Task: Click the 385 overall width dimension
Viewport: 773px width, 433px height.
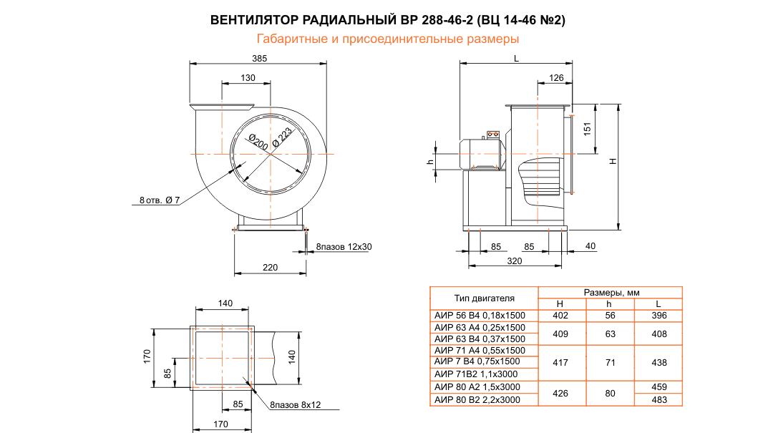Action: (x=259, y=58)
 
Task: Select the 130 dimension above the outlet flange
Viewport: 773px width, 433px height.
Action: (x=248, y=77)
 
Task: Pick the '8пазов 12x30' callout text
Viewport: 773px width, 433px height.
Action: (x=344, y=247)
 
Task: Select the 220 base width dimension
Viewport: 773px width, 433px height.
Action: (x=270, y=268)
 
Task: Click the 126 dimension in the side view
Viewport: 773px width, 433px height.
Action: (x=556, y=77)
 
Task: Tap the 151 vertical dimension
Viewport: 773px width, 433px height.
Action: (x=586, y=129)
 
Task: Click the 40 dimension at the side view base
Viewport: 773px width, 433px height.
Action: (x=590, y=246)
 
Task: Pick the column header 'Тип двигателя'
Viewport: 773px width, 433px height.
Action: (x=484, y=298)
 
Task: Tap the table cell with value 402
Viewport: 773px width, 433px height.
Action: (x=560, y=316)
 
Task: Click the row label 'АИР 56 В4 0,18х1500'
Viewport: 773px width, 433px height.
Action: (x=479, y=316)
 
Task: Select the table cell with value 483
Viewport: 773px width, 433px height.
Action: (x=658, y=400)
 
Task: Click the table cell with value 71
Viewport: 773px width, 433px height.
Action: (x=610, y=363)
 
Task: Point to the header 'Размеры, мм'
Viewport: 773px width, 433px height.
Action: (x=611, y=292)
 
